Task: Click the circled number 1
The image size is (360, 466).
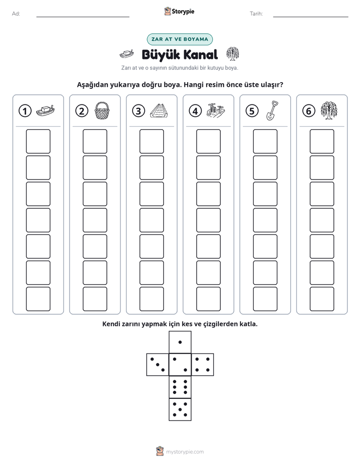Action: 25,111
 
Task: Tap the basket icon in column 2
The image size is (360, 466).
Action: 102,110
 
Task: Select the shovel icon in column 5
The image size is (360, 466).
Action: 272,110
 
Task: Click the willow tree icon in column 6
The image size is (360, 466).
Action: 329,110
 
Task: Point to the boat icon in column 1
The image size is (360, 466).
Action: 45,110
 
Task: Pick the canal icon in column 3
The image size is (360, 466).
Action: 159,111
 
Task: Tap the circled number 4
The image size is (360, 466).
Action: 195,111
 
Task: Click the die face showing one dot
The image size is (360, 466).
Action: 180,342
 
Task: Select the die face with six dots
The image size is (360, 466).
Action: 180,387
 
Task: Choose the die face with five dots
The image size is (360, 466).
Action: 180,410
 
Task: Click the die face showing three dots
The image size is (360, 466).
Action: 158,365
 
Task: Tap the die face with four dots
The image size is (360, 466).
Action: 203,365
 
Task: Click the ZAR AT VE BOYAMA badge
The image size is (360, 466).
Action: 179,39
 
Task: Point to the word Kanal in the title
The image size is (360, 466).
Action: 201,55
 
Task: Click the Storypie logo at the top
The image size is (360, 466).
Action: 179,11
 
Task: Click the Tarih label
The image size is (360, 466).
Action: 256,14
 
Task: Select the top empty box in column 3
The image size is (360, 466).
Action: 151,141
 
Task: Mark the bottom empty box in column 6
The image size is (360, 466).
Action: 322,299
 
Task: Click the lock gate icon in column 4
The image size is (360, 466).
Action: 216,110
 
